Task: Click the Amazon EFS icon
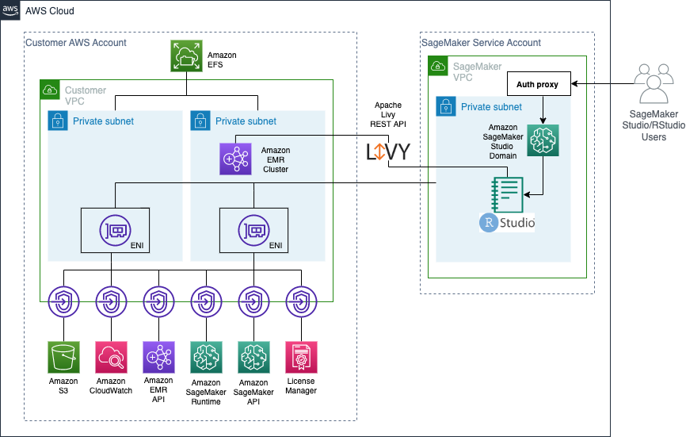point(186,56)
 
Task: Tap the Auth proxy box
point(539,84)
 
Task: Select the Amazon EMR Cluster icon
point(235,159)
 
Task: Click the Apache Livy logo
point(387,151)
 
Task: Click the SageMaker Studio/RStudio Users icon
point(654,84)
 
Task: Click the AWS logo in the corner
point(12,10)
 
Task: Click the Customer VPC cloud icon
point(51,90)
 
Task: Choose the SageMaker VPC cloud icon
point(439,66)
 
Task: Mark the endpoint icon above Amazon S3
point(63,301)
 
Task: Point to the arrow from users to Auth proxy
point(602,84)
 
